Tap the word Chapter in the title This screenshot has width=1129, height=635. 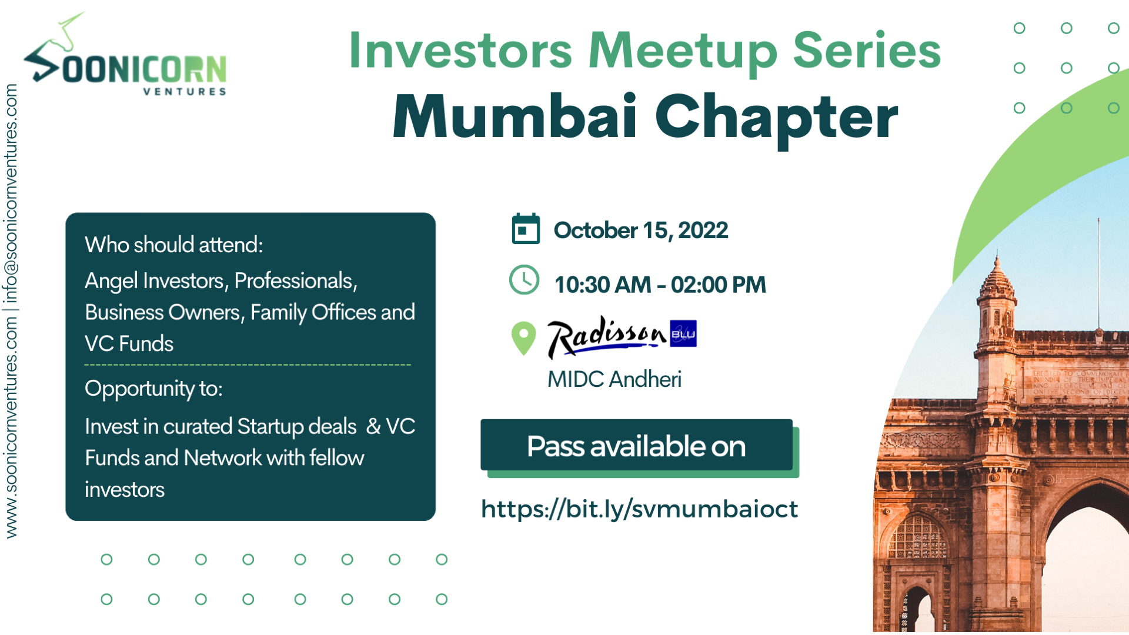pyautogui.click(x=776, y=118)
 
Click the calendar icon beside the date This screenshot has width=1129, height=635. pyautogui.click(x=526, y=229)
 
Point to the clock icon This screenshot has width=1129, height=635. pyautogui.click(x=524, y=280)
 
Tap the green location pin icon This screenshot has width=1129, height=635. pyautogui.click(x=523, y=337)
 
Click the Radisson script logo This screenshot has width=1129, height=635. pyautogui.click(x=606, y=336)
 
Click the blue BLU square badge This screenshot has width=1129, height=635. pyautogui.click(x=683, y=333)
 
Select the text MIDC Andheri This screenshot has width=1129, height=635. pyautogui.click(x=614, y=379)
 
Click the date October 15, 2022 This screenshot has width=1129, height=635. pyautogui.click(x=640, y=230)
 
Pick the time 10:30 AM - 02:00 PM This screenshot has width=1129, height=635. pyautogui.click(x=660, y=285)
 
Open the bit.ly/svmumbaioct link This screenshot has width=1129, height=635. pyautogui.click(x=639, y=509)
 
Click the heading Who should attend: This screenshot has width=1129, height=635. pyautogui.click(x=173, y=245)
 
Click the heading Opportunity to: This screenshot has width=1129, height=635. pyautogui.click(x=153, y=389)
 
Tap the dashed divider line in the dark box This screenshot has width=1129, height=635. pyautogui.click(x=247, y=365)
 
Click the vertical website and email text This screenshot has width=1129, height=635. pyautogui.click(x=11, y=312)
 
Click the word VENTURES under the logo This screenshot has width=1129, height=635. pyautogui.click(x=185, y=92)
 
